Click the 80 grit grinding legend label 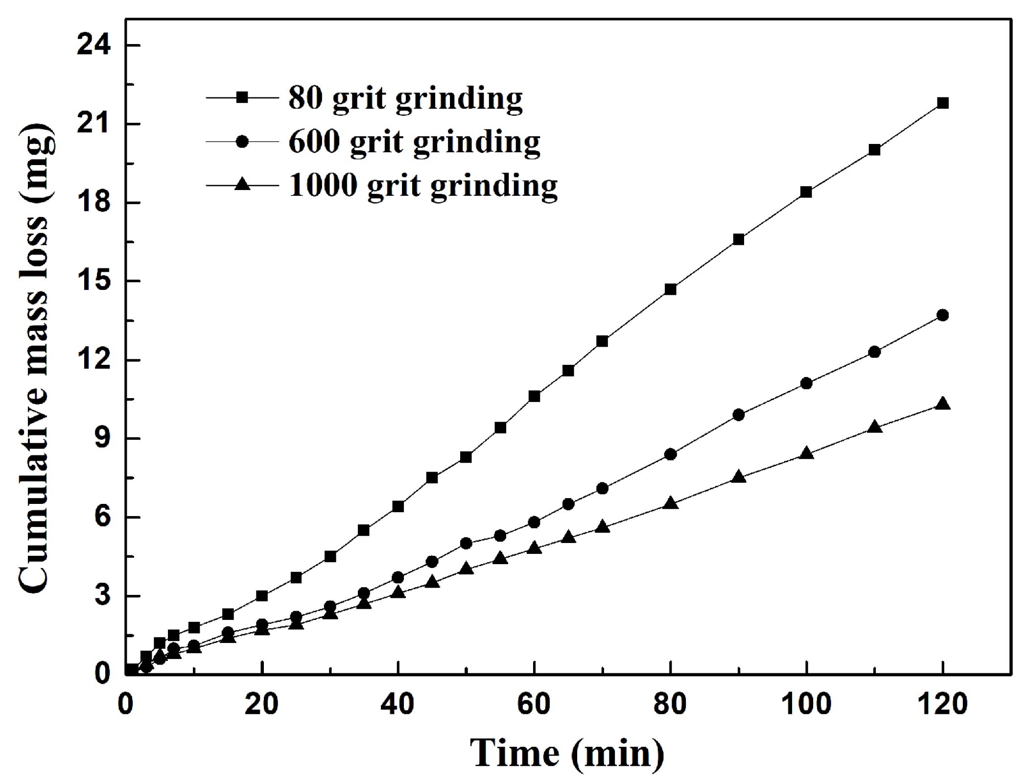[x=405, y=98]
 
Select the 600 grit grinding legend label [x=414, y=142]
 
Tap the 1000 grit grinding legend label [x=423, y=186]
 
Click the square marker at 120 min [x=942, y=103]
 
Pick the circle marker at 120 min [x=942, y=315]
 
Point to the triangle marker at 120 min [x=942, y=404]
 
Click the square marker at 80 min [x=670, y=289]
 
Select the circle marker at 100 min [x=806, y=383]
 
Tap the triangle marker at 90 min [x=739, y=477]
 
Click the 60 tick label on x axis [x=534, y=704]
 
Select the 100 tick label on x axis [x=806, y=704]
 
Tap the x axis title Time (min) [x=567, y=753]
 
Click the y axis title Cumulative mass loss [x=35, y=357]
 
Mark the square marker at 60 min [x=534, y=396]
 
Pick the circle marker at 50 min [x=466, y=544]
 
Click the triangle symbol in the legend [x=242, y=185]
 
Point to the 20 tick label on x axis [x=261, y=704]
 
